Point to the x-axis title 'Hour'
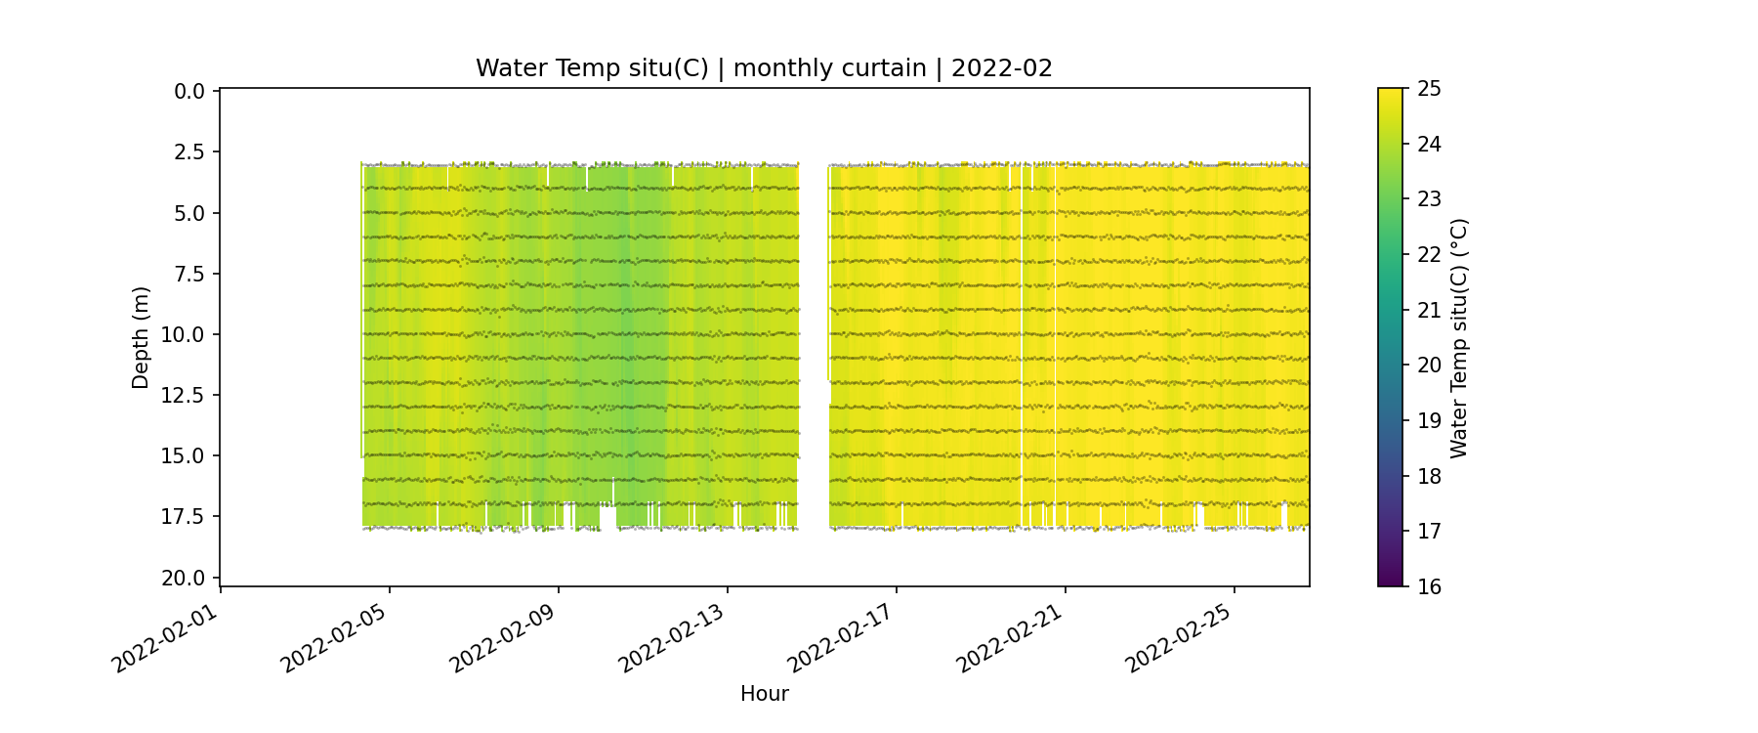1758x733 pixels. (x=764, y=694)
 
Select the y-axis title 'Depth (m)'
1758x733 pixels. (x=141, y=337)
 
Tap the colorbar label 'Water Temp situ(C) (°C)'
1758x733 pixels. (x=1459, y=337)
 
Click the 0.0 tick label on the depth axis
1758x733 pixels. (x=189, y=92)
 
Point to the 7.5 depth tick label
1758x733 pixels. (x=189, y=274)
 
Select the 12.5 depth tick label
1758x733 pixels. (x=184, y=395)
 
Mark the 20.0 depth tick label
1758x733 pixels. (x=184, y=578)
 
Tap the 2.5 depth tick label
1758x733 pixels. (x=189, y=152)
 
